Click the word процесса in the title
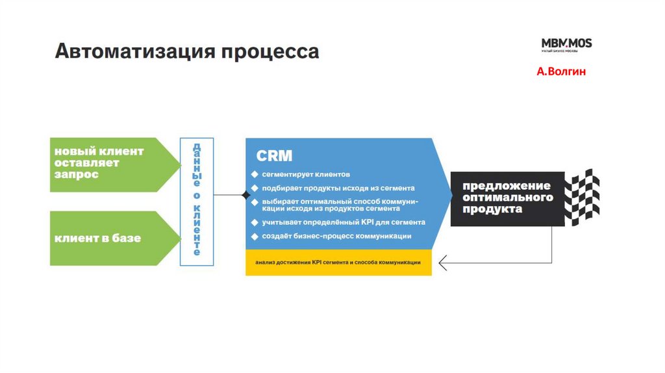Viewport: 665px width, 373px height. click(271, 52)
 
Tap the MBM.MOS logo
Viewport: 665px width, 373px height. click(566, 45)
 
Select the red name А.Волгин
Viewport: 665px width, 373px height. click(561, 71)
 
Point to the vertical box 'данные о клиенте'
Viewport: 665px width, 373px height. click(196, 201)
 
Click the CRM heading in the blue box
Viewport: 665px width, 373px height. click(275, 156)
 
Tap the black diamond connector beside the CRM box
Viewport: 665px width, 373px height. click(245, 194)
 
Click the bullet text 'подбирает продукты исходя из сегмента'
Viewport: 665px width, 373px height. click(338, 188)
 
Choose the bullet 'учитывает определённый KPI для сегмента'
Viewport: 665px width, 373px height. click(344, 222)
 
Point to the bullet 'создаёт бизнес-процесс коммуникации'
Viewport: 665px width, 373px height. click(336, 236)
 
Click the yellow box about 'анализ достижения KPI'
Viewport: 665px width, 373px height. click(338, 263)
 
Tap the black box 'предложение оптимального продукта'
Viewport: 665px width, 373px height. click(507, 198)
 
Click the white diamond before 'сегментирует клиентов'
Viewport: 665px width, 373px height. click(255, 175)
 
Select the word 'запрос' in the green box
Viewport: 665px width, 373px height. click(77, 175)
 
